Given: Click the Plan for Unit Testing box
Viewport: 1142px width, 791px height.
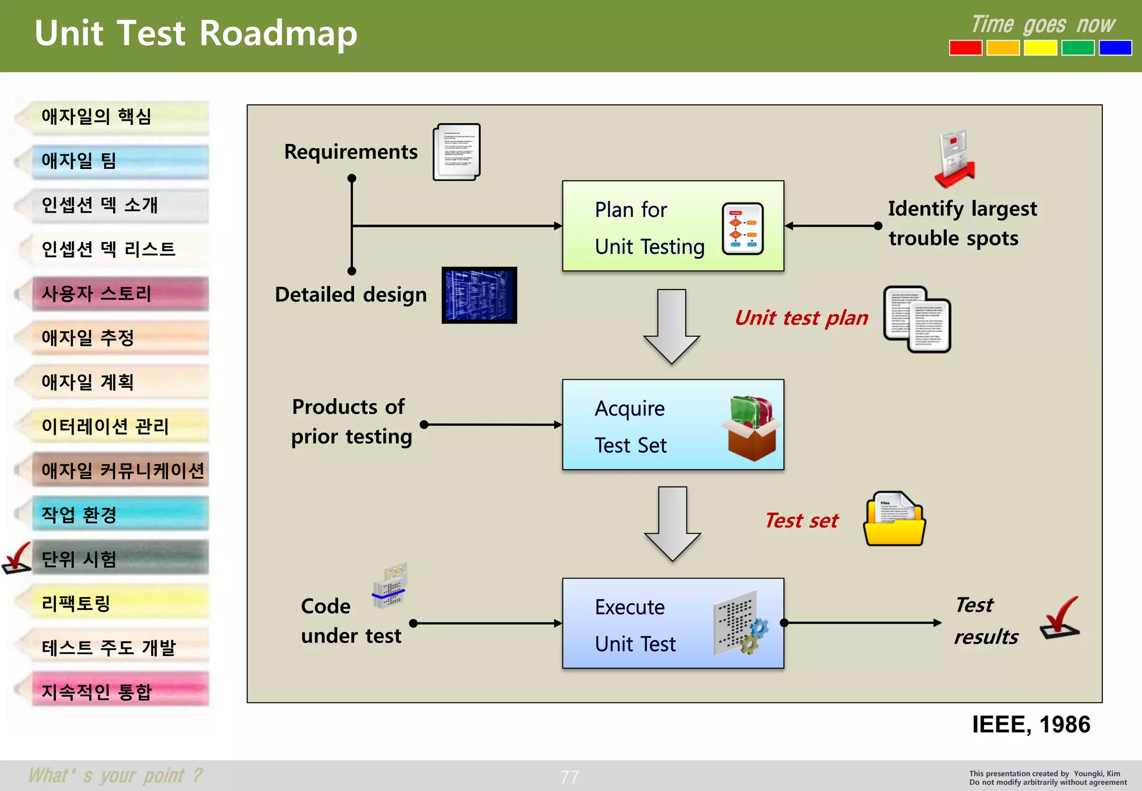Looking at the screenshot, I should tap(672, 226).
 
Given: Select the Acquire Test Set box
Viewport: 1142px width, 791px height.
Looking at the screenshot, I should tap(672, 425).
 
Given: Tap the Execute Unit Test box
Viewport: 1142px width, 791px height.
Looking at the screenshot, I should tap(672, 623).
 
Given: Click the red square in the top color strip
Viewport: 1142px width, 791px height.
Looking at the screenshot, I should tap(965, 48).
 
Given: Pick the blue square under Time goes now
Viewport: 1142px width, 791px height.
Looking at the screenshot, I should tap(1115, 48).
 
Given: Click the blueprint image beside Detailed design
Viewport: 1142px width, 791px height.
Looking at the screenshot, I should tap(479, 295).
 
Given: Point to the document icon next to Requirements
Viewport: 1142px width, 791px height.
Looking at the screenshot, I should tap(456, 152).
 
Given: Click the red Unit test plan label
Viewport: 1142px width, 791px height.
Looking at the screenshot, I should tap(801, 318).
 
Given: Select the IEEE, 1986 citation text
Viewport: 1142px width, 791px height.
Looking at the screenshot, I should tap(1030, 725).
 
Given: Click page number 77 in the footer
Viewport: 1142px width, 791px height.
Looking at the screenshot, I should tap(569, 777).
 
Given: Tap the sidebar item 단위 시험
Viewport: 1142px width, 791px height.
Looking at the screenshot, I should tap(120, 558).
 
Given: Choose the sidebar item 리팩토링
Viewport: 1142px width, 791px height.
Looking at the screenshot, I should tap(120, 603).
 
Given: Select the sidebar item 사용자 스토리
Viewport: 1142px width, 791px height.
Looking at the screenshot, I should tap(120, 293).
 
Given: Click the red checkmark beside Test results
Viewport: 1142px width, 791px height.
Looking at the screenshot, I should tap(1060, 618).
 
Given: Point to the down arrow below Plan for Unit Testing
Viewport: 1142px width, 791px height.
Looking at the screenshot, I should tap(671, 326).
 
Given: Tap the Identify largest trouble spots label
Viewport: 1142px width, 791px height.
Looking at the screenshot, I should tap(962, 223).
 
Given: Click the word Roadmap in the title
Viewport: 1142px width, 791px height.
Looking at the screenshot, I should tap(278, 33).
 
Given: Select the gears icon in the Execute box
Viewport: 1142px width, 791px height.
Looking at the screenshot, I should tap(753, 636).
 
